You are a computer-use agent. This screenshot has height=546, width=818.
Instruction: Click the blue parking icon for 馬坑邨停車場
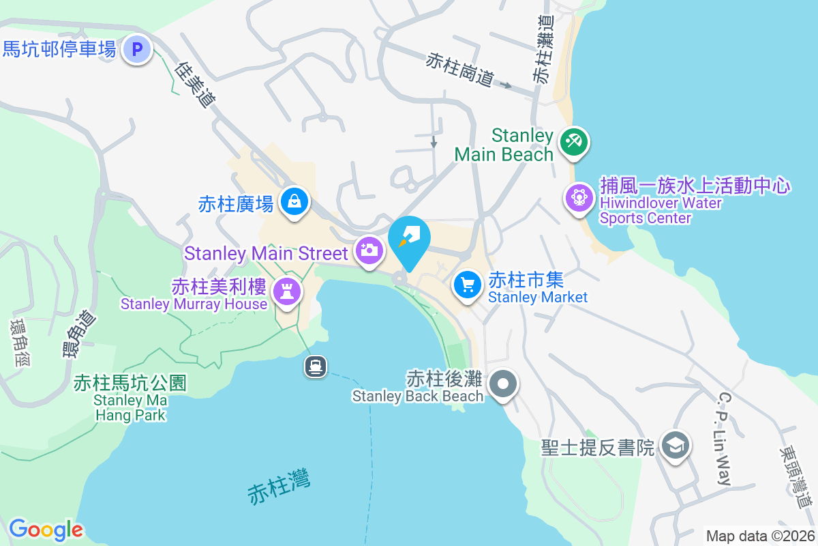(138, 49)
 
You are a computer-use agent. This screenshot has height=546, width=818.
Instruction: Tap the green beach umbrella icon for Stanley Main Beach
(573, 143)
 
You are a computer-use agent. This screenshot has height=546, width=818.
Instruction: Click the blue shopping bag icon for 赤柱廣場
(294, 202)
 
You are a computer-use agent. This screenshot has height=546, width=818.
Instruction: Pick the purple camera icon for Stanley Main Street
(369, 250)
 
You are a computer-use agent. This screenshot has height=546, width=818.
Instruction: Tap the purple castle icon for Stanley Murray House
(286, 291)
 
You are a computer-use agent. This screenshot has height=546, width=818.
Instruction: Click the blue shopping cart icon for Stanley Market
(468, 285)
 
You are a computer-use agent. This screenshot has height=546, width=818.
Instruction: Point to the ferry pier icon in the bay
(316, 367)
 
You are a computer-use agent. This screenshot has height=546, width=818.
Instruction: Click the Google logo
(46, 530)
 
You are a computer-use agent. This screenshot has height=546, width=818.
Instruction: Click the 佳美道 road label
(196, 85)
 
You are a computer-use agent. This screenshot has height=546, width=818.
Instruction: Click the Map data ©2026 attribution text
(759, 536)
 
